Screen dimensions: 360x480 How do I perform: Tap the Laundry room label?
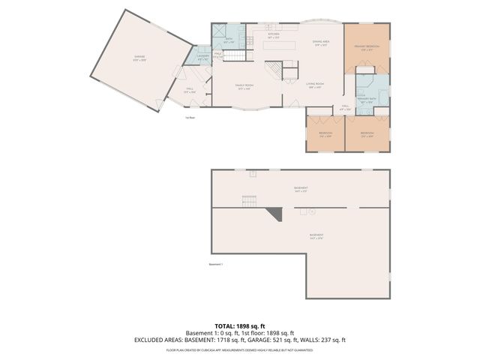pos(202,56)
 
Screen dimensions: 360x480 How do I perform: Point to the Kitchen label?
pos(273,34)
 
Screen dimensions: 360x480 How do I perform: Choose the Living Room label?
pos(314,84)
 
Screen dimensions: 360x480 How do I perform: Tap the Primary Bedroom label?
pos(367,46)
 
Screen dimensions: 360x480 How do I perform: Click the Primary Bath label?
pos(367,101)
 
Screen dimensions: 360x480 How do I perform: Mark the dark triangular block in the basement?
pos(275,214)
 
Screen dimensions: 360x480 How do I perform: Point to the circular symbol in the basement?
pos(312,211)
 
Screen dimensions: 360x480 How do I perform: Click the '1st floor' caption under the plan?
pos(190,118)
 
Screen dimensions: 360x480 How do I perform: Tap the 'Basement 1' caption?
pos(216,263)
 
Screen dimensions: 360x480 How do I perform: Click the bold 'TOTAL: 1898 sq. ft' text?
pos(239,326)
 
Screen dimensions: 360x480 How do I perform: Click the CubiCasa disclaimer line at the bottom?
pos(239,349)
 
